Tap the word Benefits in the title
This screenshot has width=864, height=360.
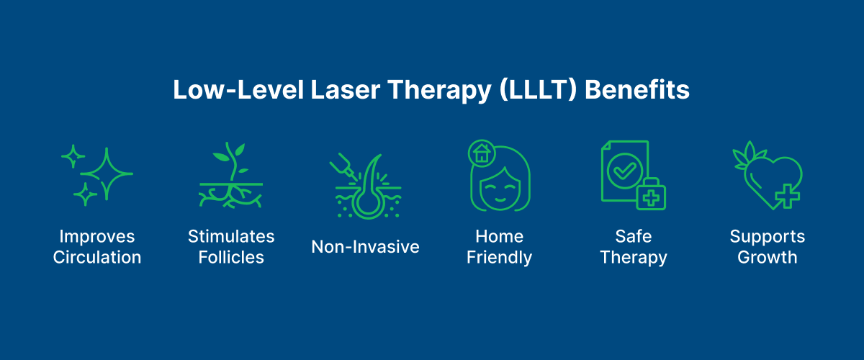638,91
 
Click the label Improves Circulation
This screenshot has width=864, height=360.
97,247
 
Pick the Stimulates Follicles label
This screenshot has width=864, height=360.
231,247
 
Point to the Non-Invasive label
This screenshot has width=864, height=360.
365,247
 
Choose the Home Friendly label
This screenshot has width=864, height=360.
499,247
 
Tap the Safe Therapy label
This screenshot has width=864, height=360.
633,247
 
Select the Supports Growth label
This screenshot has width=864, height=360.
767,247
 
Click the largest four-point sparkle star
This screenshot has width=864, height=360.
107,174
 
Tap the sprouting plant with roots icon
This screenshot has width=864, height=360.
230,176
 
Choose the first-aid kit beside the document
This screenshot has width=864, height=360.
650,194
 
